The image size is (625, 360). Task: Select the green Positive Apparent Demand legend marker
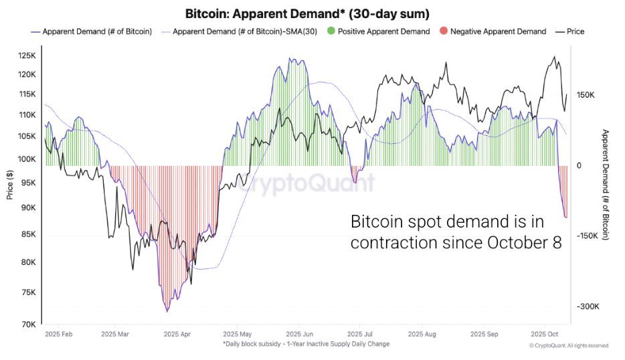[331, 31]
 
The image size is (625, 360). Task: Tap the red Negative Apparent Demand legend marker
[443, 31]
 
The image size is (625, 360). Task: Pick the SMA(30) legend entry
[247, 31]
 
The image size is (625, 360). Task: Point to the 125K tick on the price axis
[27, 56]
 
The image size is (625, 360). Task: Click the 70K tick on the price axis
[29, 325]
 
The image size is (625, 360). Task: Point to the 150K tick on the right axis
[586, 95]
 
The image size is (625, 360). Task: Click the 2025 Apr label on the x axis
[177, 333]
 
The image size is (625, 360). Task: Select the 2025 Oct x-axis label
[544, 333]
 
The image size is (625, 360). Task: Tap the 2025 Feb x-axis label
[58, 333]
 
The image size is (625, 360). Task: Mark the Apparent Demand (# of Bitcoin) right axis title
[606, 185]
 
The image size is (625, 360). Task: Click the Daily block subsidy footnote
[306, 344]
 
